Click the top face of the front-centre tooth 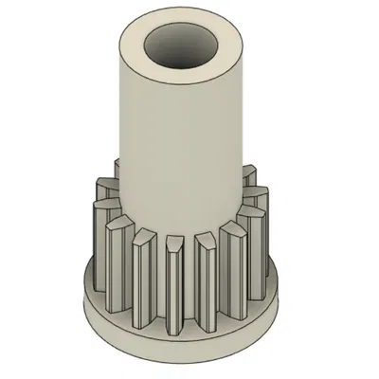point(173,245)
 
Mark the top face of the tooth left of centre point(145,233)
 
